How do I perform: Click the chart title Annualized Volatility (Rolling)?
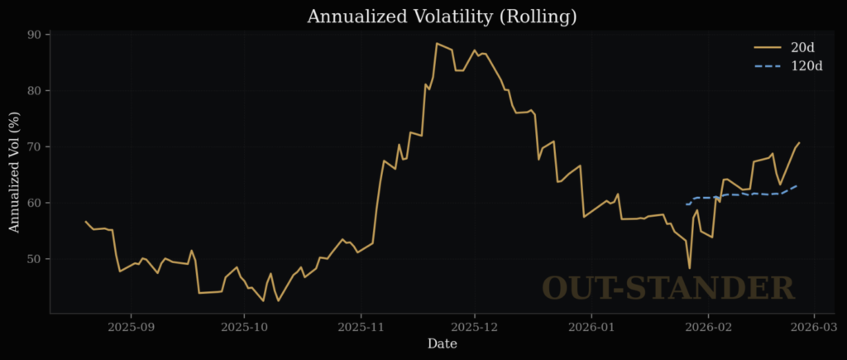click(x=442, y=16)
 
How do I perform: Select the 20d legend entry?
click(x=802, y=47)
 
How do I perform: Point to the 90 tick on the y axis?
click(x=33, y=35)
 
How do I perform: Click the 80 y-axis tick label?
click(x=33, y=91)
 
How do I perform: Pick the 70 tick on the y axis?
click(x=33, y=147)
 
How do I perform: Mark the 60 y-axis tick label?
click(x=33, y=203)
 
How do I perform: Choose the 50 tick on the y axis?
click(x=33, y=259)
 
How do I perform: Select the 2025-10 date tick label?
click(x=244, y=328)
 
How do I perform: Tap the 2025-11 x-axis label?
click(x=361, y=328)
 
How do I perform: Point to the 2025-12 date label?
click(x=474, y=328)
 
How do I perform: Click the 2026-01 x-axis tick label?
click(x=591, y=328)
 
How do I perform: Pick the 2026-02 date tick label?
click(x=708, y=328)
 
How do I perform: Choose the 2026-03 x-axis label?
click(x=813, y=328)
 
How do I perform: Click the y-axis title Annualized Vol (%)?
click(x=15, y=173)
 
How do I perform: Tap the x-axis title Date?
click(x=441, y=344)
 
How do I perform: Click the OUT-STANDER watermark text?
click(x=668, y=289)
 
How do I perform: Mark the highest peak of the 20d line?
click(x=437, y=43)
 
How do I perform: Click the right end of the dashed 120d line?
click(x=797, y=185)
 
